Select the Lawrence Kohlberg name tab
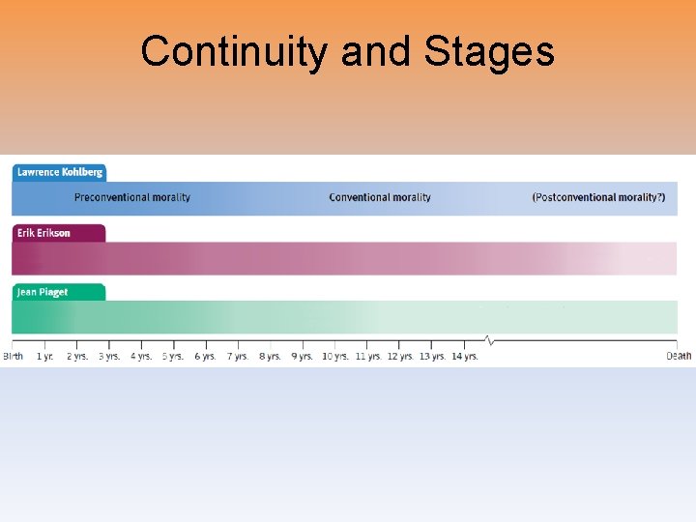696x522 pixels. coord(59,172)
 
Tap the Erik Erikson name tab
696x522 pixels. coord(43,233)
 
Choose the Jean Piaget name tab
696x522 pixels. coord(43,292)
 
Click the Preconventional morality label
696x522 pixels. coord(132,197)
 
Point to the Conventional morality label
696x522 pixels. coord(380,197)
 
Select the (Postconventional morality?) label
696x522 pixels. coord(598,197)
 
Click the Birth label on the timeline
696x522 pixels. coord(13,357)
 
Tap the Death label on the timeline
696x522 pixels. coord(679,357)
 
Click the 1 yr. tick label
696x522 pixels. coord(45,357)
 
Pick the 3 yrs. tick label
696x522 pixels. coord(109,357)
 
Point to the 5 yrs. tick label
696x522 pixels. coord(173,357)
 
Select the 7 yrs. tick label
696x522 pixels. coord(238,357)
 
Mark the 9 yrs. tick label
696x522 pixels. coord(303,357)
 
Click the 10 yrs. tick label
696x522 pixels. coord(335,357)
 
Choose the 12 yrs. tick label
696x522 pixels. coord(400,357)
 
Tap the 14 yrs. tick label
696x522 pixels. coord(465,357)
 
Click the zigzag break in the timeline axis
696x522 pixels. coord(489,341)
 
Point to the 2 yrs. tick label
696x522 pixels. coord(77,357)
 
